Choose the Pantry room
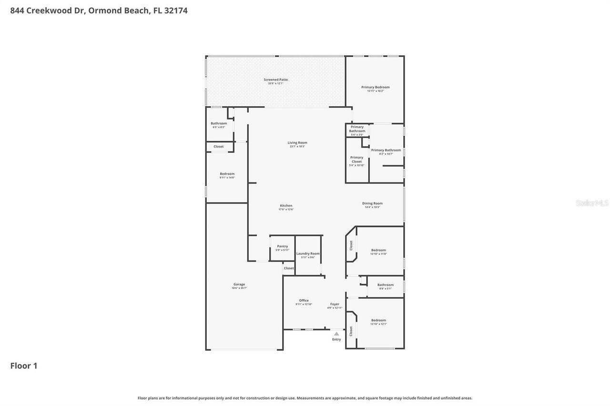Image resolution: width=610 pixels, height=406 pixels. point(283,248)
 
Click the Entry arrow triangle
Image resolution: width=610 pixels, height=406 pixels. point(336,334)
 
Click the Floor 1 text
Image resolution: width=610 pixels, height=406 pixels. point(24,366)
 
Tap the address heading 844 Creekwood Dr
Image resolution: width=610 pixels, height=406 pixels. point(99,10)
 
